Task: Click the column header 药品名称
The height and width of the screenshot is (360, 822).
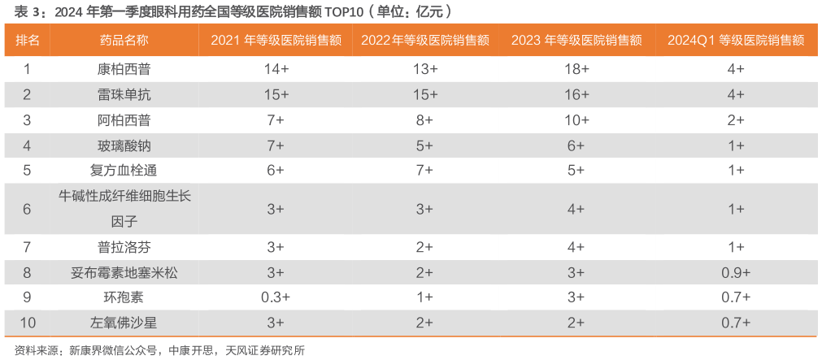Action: pyautogui.click(x=124, y=40)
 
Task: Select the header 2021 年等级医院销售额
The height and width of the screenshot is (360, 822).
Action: pyautogui.click(x=275, y=40)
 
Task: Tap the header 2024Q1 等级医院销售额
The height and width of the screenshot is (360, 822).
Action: pyautogui.click(x=735, y=40)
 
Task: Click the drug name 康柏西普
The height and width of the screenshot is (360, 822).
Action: pyautogui.click(x=124, y=69)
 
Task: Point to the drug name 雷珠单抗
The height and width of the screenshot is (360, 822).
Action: pyautogui.click(x=124, y=94)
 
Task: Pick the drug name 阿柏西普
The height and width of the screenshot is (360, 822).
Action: pyautogui.click(x=124, y=119)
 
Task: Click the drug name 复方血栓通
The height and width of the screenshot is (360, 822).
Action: pyautogui.click(x=124, y=170)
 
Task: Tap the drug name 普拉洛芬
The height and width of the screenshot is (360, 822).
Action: pyautogui.click(x=124, y=247)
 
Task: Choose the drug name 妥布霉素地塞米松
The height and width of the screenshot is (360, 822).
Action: pyautogui.click(x=124, y=272)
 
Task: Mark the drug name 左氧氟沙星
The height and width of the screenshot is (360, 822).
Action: pyautogui.click(x=124, y=323)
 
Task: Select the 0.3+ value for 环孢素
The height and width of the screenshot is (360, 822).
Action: pyautogui.click(x=275, y=297)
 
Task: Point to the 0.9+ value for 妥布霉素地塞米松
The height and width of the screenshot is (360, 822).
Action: pyautogui.click(x=735, y=272)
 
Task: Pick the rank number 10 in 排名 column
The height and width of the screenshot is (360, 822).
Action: pyautogui.click(x=27, y=323)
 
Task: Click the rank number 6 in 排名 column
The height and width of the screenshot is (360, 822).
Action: pyautogui.click(x=27, y=209)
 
